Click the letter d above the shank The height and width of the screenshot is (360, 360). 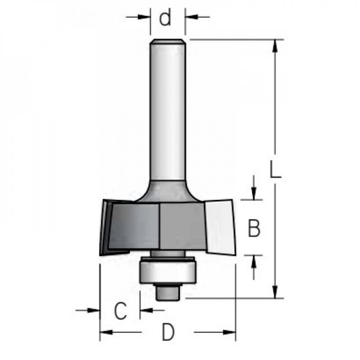(x=165, y=17)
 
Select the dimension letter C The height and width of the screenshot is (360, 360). (x=120, y=311)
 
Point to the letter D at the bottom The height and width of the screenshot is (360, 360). (x=168, y=332)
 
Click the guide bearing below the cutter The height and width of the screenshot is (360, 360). (x=168, y=270)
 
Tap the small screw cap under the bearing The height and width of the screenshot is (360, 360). (x=168, y=292)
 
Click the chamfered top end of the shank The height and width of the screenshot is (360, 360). (x=168, y=41)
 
